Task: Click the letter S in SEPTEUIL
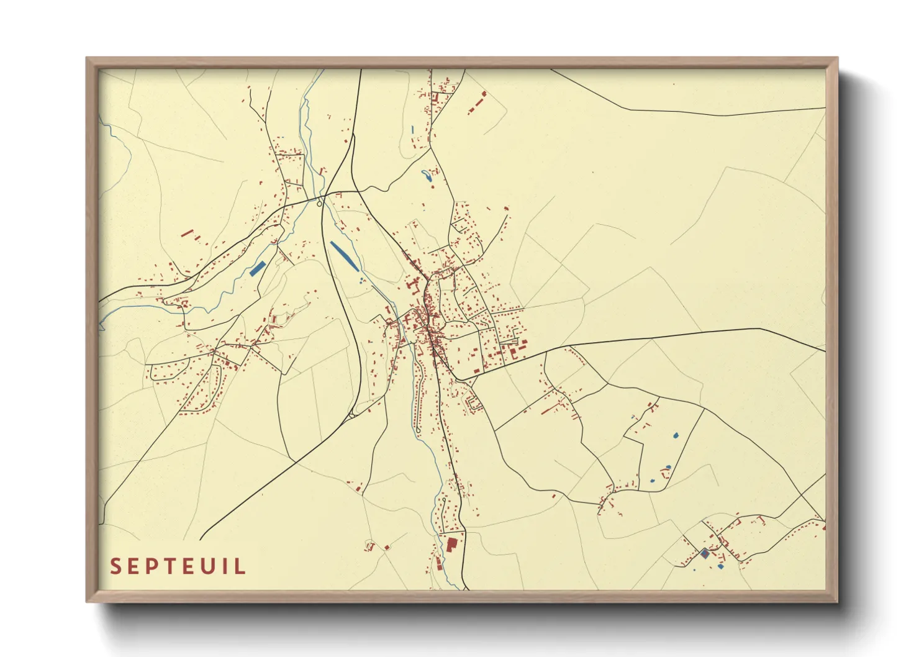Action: [x=115, y=566]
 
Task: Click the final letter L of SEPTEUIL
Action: [x=240, y=566]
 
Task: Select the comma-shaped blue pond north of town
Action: [x=427, y=176]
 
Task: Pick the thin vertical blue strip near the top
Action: [x=412, y=130]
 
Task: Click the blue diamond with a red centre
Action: [x=704, y=553]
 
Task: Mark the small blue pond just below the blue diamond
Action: [x=720, y=566]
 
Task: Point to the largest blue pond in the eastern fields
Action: [x=676, y=435]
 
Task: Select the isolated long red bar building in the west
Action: [x=188, y=233]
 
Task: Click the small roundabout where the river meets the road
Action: [x=319, y=203]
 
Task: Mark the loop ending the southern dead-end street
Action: [x=370, y=546]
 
